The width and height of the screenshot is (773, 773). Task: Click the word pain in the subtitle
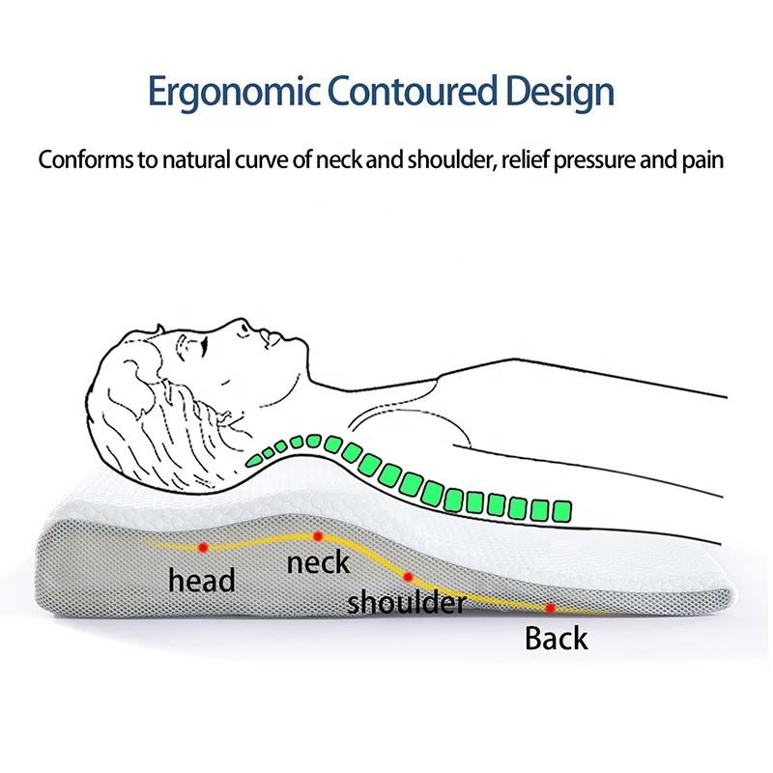pyautogui.click(x=701, y=161)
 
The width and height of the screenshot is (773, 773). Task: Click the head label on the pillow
pyautogui.click(x=202, y=580)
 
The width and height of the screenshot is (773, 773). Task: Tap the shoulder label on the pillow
pyautogui.click(x=407, y=604)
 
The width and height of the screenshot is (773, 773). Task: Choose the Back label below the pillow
pyautogui.click(x=556, y=638)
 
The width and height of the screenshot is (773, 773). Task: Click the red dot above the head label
pyautogui.click(x=202, y=548)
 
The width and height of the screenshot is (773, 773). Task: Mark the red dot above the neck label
pyautogui.click(x=317, y=535)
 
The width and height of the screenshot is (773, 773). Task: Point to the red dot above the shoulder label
pyautogui.click(x=409, y=577)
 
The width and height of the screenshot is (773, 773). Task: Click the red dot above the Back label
pyautogui.click(x=550, y=608)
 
